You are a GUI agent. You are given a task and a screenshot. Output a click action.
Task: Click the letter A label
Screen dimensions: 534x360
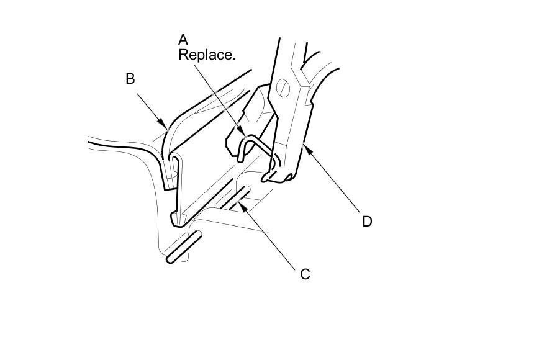tap(183, 40)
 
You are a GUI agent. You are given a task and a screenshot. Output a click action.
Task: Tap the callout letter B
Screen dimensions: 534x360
tap(130, 79)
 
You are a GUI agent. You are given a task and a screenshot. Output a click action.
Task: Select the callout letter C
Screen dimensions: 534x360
tap(305, 274)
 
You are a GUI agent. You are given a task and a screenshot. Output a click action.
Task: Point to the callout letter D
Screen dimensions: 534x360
tap(367, 221)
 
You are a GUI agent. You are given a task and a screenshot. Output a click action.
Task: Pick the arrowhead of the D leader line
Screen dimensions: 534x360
tap(302, 144)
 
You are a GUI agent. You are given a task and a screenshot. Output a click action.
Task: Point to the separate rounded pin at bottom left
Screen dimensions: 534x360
tap(184, 246)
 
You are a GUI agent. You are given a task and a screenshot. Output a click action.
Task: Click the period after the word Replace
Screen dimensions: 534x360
tap(235, 58)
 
